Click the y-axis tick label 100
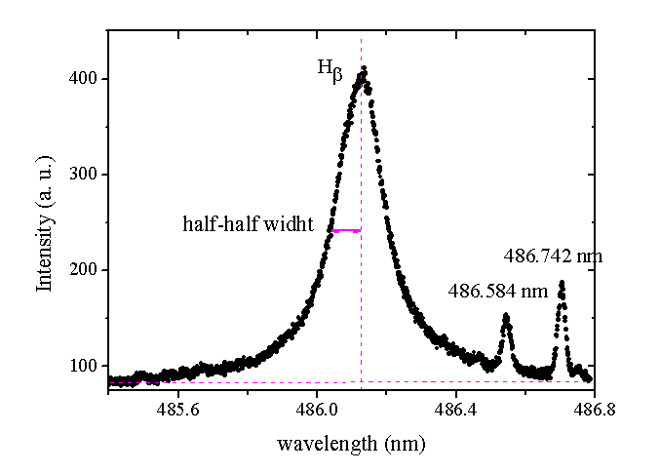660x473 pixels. pos(85,366)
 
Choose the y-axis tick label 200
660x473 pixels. pos(85,270)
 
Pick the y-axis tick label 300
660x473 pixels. pos(85,175)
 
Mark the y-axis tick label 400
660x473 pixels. pos(85,79)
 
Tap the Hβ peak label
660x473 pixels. pos(330,69)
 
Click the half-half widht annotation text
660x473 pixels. pos(248,224)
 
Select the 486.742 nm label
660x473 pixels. pos(554,256)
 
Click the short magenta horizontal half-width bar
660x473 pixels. pos(346,231)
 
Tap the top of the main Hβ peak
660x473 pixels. pos(364,68)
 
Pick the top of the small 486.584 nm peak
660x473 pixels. pos(506,315)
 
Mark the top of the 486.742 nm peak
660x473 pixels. pos(562,283)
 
